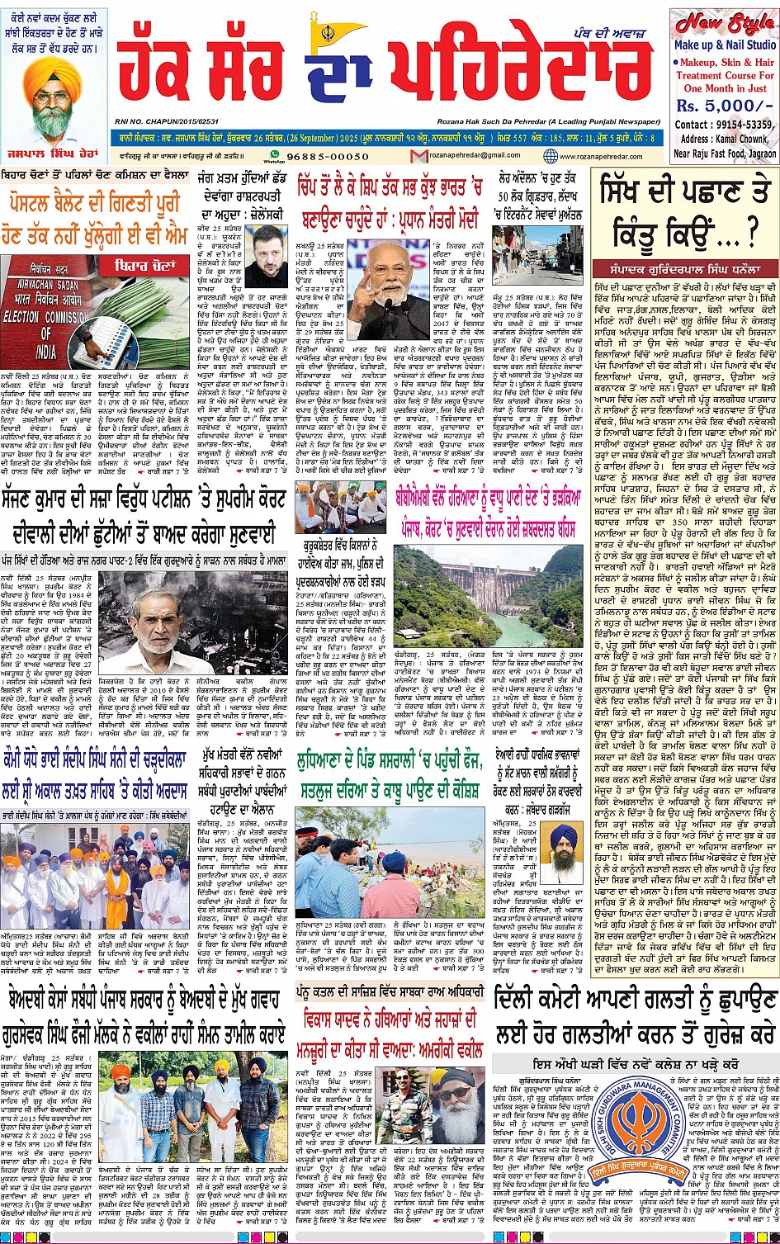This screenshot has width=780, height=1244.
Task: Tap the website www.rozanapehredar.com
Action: [603, 155]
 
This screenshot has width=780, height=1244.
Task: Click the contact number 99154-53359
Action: [743, 124]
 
